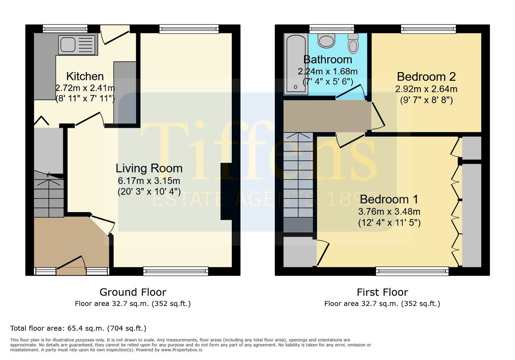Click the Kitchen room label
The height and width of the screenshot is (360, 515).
tap(85, 77)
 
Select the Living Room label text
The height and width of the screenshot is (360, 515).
tap(149, 168)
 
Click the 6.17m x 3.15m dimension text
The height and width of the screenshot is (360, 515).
tap(149, 181)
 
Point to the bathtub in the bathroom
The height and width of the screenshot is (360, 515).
tap(296, 64)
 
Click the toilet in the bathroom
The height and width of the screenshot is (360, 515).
tap(353, 43)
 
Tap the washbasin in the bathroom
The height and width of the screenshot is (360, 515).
tap(326, 41)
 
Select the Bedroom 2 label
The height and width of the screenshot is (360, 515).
tap(426, 77)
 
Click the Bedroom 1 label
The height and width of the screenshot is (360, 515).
tap(389, 199)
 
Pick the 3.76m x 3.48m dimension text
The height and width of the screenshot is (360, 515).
tap(389, 212)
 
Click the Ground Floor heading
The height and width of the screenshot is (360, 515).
tap(133, 292)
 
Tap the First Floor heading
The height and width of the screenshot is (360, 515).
tap(382, 292)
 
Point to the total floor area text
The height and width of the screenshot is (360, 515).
tap(78, 328)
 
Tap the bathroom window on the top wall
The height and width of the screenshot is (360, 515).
tap(332, 29)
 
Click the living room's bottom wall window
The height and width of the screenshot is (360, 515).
tap(176, 271)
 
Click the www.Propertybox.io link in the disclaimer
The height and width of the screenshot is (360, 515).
tap(182, 350)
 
